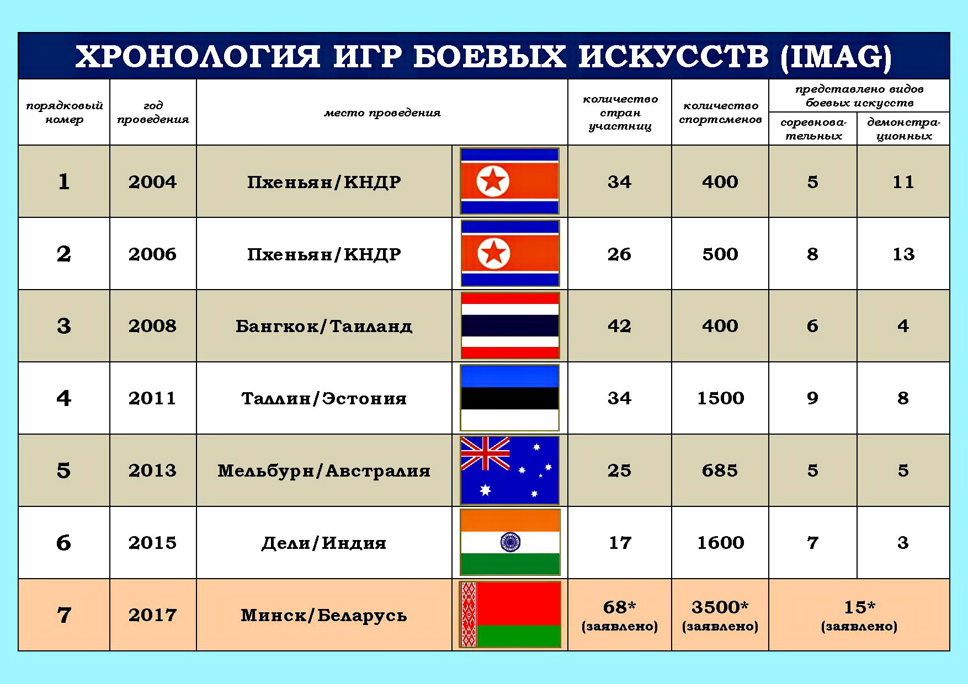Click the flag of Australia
click(510, 470)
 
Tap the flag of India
click(510, 542)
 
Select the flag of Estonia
click(510, 398)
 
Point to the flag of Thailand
click(510, 325)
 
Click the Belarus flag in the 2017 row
click(510, 614)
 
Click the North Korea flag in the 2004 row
click(509, 181)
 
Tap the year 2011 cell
click(152, 398)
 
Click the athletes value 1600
click(720, 543)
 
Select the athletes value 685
click(720, 471)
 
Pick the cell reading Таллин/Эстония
click(324, 398)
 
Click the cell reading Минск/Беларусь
click(324, 615)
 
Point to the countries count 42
click(619, 326)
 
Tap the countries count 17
click(620, 543)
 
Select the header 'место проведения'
click(382, 113)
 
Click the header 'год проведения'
click(153, 113)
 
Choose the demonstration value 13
click(903, 254)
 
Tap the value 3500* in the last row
click(720, 607)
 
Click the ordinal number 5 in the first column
click(63, 471)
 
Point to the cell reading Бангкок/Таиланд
click(324, 326)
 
